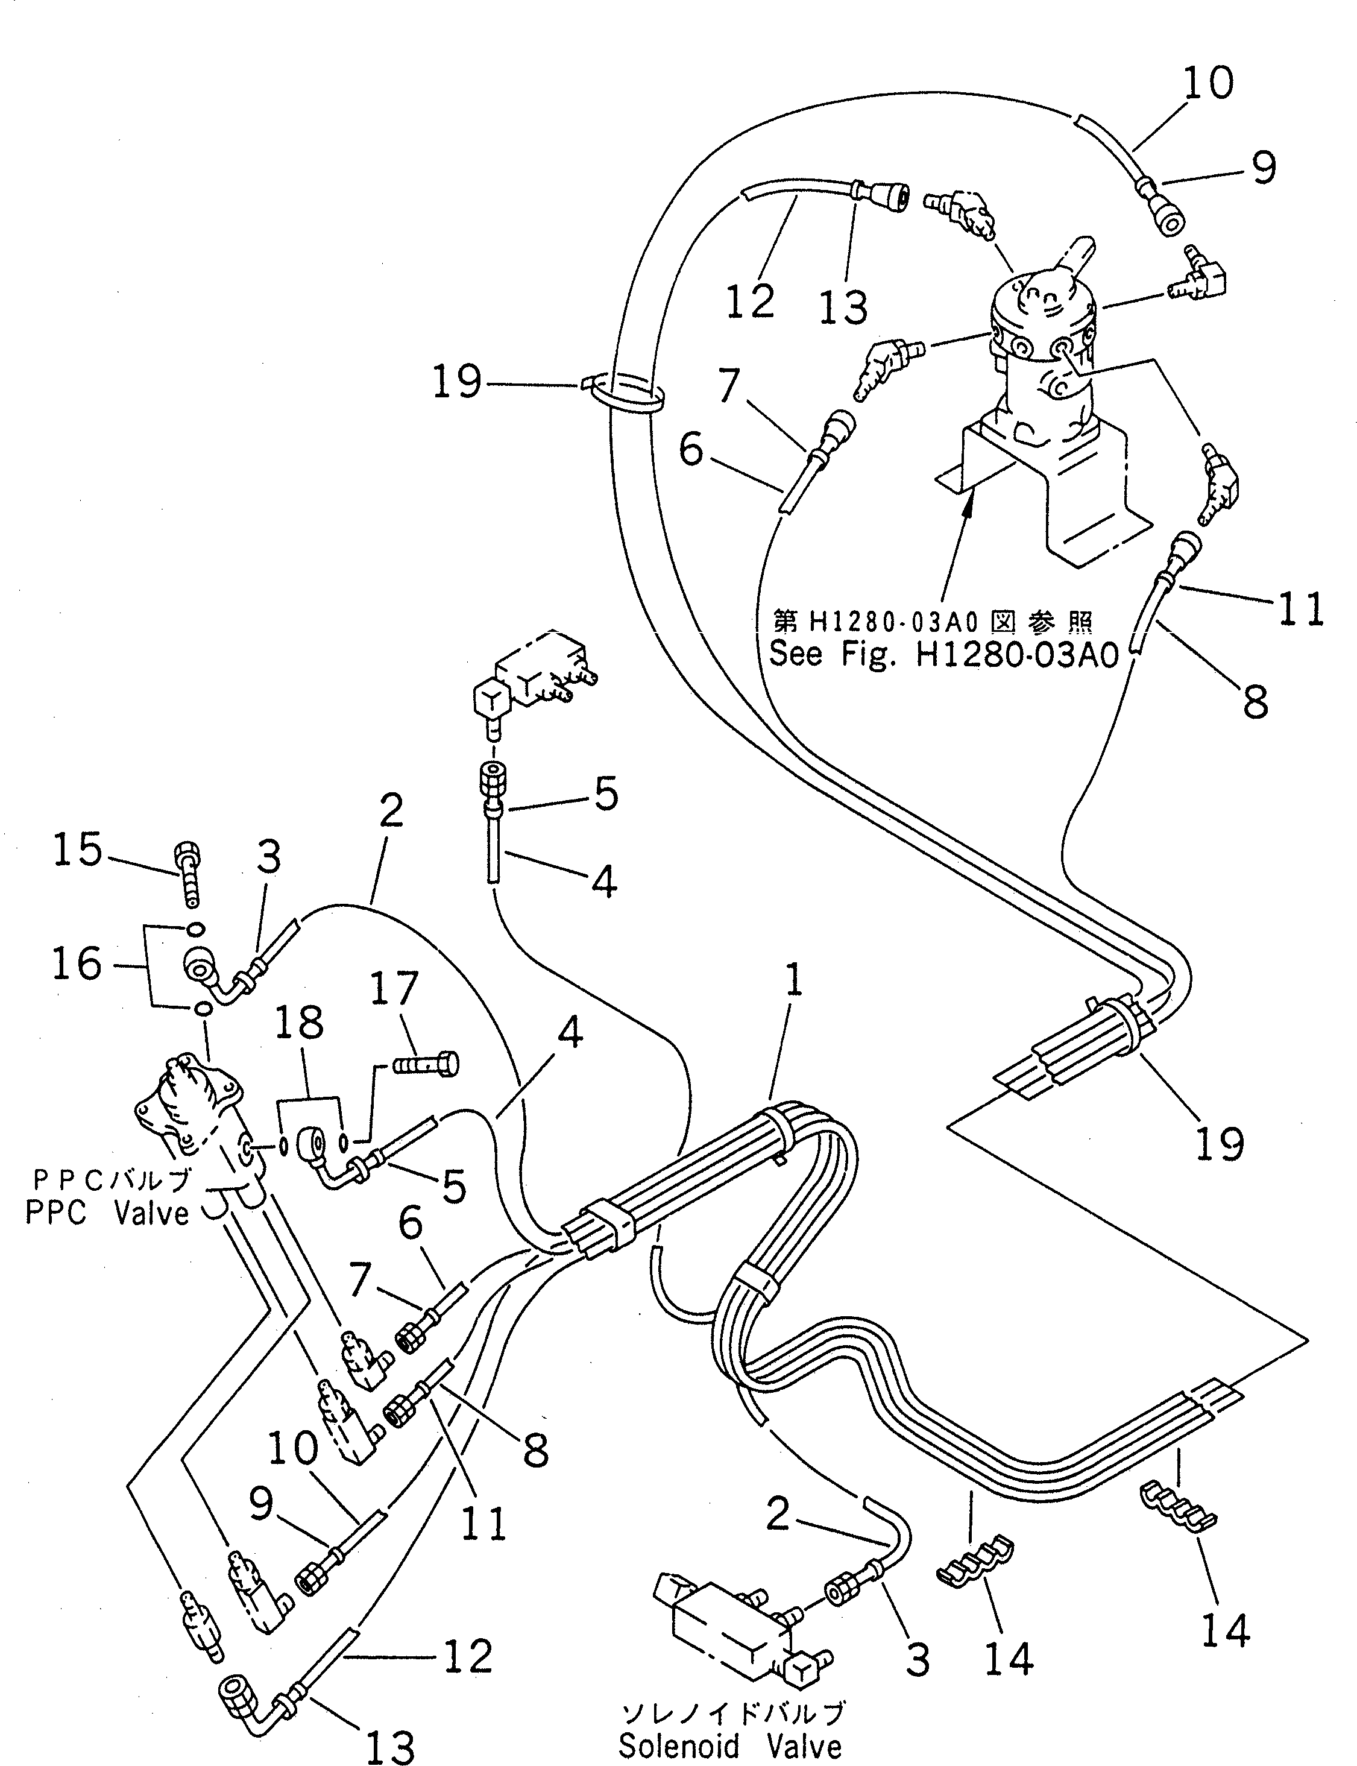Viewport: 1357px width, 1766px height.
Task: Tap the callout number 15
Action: pyautogui.click(x=78, y=851)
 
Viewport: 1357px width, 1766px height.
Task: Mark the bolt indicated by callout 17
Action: pyautogui.click(x=426, y=1065)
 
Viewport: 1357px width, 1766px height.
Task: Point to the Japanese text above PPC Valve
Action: pyautogui.click(x=112, y=1181)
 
